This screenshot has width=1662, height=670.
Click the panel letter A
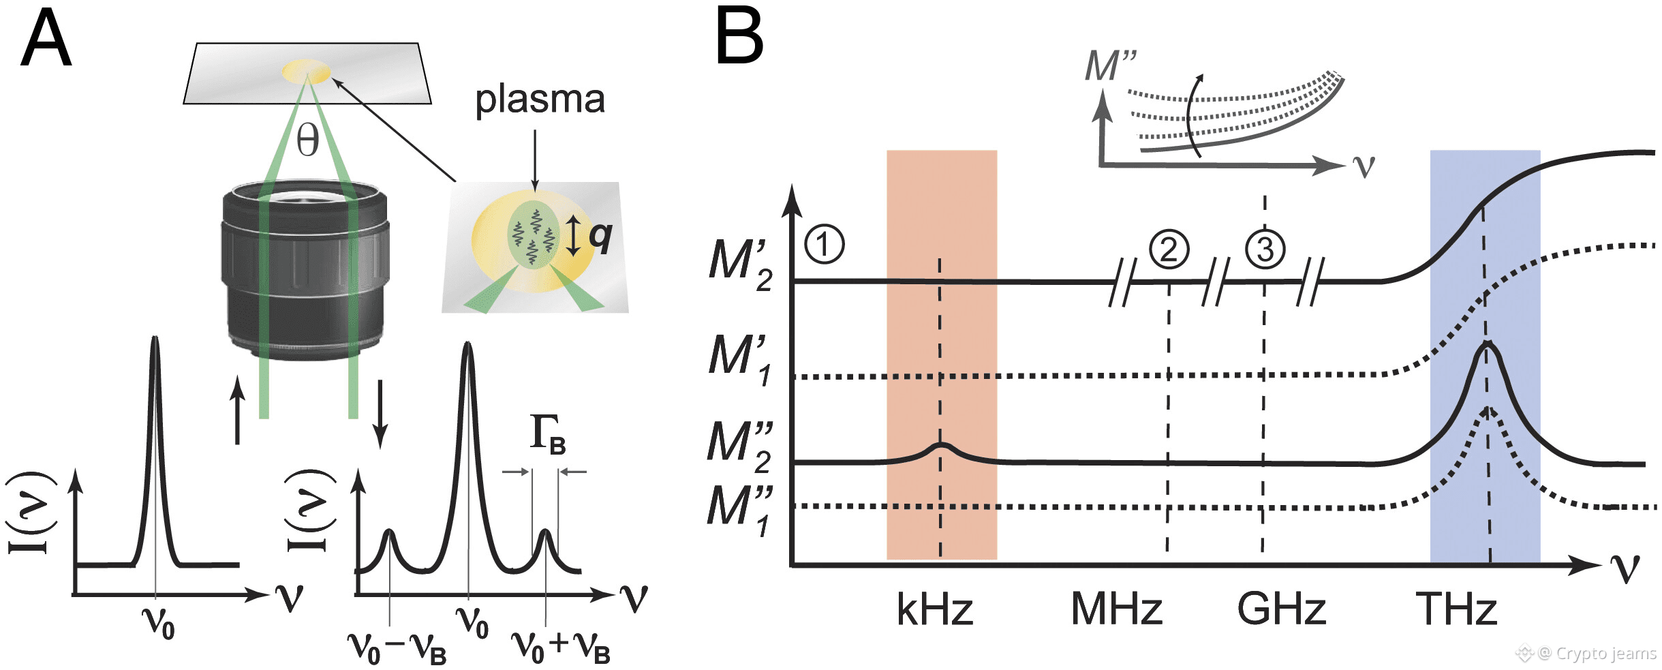point(46,40)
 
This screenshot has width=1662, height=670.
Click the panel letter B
point(739,38)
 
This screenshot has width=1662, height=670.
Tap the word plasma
point(540,100)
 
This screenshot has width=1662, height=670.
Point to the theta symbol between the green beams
point(307,141)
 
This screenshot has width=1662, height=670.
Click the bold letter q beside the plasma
point(600,236)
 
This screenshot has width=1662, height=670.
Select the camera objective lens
point(305,269)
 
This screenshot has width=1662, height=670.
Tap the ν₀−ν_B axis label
point(397,648)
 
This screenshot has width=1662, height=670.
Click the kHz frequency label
point(934,609)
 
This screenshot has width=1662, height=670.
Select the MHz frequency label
point(1116,609)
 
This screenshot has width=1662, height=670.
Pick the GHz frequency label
point(1281,609)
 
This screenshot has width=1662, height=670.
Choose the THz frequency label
point(1456,609)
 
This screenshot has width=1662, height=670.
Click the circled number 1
point(824,244)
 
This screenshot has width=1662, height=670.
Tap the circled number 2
point(1169,249)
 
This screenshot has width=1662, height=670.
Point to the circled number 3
point(1265,249)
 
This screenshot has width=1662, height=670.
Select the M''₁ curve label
point(740,510)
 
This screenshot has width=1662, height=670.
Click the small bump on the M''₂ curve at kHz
point(940,448)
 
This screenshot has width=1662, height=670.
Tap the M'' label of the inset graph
point(1110,66)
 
